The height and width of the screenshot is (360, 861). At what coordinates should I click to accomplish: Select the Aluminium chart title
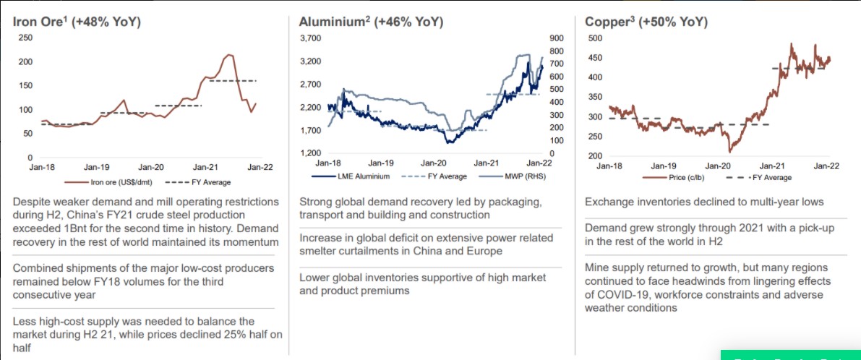(x=371, y=22)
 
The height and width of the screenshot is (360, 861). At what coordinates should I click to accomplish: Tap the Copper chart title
(x=646, y=22)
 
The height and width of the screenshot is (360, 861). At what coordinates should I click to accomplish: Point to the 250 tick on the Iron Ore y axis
(x=25, y=38)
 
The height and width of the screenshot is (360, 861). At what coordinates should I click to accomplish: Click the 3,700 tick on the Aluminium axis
(x=311, y=38)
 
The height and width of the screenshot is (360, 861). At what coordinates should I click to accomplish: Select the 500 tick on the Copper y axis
(x=594, y=38)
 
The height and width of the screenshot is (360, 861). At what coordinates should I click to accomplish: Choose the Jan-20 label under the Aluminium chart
(x=434, y=164)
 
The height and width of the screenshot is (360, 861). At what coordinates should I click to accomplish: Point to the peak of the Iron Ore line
(x=229, y=54)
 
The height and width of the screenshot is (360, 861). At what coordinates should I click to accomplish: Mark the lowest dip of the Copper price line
(x=729, y=152)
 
